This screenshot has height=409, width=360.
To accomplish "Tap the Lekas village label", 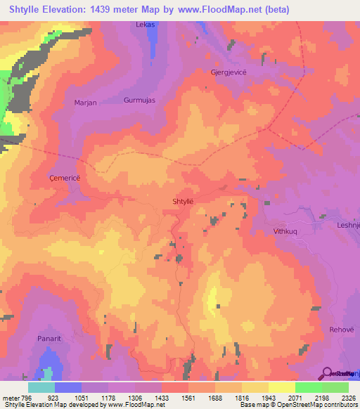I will click(145, 25).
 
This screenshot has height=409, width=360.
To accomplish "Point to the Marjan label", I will click(84, 103).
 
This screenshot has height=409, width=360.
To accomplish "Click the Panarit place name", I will click(51, 338).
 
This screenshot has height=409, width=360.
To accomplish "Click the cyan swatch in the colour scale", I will click(41, 387).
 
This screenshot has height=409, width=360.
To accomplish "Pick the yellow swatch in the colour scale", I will click(281, 387).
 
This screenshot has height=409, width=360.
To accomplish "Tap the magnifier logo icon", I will click(326, 372).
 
